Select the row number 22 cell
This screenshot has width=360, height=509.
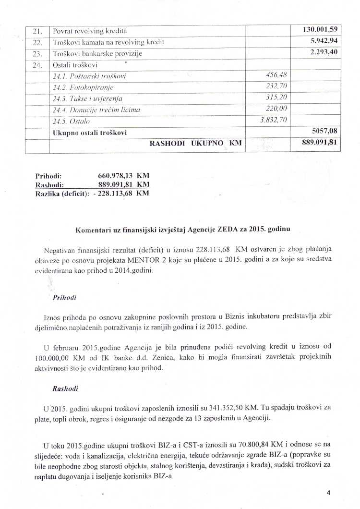38,42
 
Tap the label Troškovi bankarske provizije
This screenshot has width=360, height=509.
97,53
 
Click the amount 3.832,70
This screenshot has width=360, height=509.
274,121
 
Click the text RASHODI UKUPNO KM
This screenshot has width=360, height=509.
195,143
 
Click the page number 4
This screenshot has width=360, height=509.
329,493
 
